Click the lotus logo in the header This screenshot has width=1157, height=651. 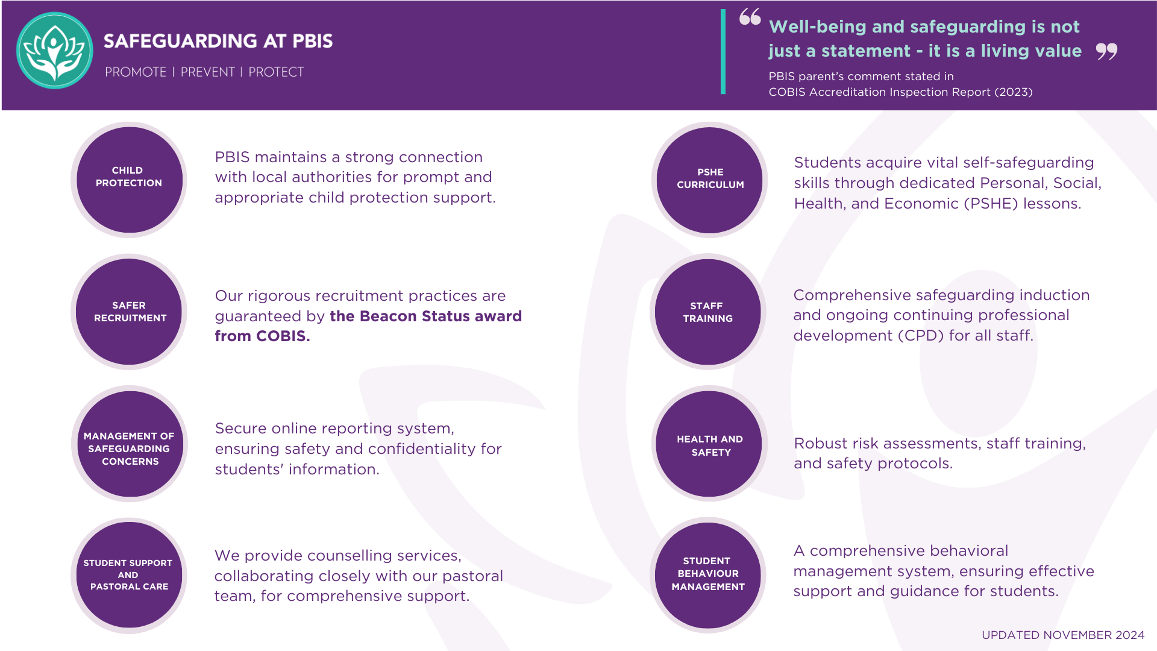[54, 51]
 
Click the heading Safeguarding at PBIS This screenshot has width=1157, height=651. [218, 41]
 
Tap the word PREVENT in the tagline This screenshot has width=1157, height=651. [207, 72]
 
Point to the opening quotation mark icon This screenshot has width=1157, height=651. [750, 17]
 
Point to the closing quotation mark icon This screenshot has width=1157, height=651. [1106, 51]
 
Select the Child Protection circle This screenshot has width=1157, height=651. [129, 180]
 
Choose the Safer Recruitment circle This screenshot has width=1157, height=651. [129, 312]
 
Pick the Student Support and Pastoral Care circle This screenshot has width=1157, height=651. [128, 575]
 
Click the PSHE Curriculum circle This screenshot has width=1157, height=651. [710, 180]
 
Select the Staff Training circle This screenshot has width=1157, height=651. [707, 312]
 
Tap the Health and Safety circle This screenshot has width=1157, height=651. [709, 444]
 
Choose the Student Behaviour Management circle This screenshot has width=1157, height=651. [708, 575]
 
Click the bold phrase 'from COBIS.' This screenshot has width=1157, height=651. [262, 336]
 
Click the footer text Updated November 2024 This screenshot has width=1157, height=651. [1062, 635]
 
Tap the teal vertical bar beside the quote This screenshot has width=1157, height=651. [723, 52]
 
